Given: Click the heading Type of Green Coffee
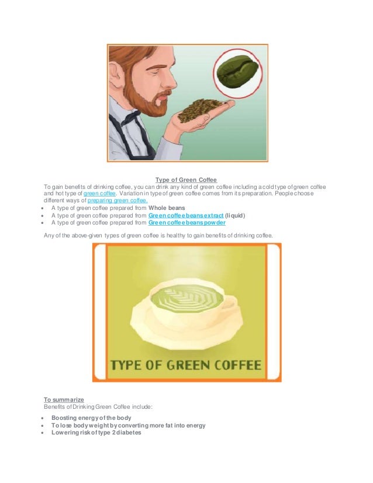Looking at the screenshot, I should (186, 180).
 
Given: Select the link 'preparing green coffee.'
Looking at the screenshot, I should (118, 200).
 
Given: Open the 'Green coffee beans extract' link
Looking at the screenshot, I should (186, 215).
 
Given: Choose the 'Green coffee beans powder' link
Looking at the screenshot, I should (186, 223).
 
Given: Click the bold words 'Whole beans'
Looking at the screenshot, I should (167, 208).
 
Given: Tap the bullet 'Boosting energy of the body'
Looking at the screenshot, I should (91, 418).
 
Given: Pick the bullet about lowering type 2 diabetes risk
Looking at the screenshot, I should (96, 433).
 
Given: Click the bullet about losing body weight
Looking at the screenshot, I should (128, 426).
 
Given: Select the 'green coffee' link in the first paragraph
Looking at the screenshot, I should (100, 193).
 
